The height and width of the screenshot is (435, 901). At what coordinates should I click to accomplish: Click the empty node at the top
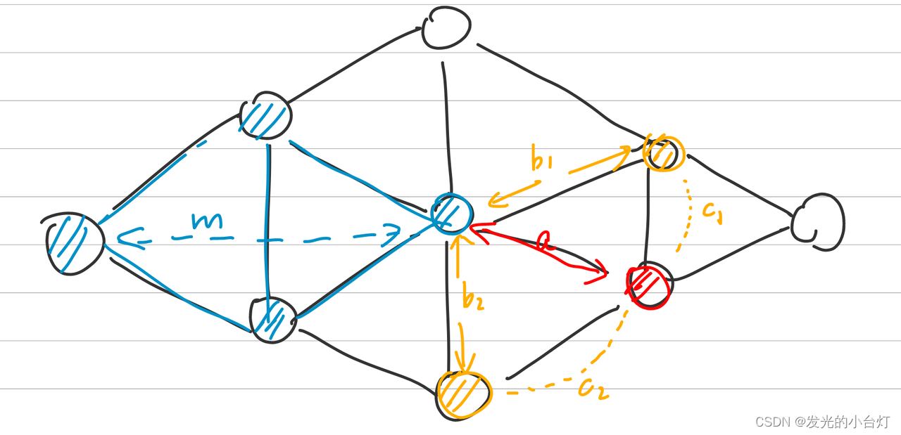click(x=446, y=28)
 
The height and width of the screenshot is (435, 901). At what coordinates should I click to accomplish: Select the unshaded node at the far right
click(x=818, y=223)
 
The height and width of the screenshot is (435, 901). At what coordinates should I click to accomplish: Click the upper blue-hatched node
click(x=266, y=117)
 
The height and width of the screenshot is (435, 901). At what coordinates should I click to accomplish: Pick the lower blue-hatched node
click(x=273, y=320)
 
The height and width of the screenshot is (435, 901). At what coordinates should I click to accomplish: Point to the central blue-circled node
click(x=451, y=214)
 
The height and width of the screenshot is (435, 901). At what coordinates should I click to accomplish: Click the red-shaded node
click(x=649, y=285)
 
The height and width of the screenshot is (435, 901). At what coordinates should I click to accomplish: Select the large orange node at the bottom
click(x=463, y=394)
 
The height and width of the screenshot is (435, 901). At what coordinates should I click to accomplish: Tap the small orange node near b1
click(x=663, y=152)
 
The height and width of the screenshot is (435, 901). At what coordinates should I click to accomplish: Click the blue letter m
click(x=208, y=221)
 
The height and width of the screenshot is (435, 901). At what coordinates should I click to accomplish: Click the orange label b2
click(x=473, y=298)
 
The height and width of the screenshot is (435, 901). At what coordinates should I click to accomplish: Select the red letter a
click(x=543, y=242)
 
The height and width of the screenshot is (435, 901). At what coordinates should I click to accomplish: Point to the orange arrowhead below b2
click(x=462, y=364)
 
